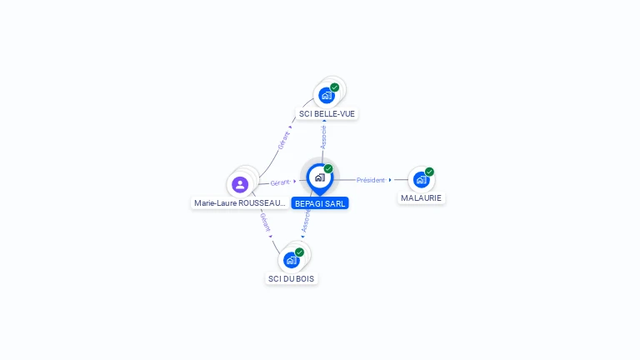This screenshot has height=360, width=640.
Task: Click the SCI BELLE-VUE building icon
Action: coord(327,95)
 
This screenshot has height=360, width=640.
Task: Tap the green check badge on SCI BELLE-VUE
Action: coord(335,87)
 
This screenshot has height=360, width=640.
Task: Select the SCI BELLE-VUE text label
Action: coord(327,113)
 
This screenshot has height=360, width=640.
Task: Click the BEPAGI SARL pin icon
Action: coord(319,177)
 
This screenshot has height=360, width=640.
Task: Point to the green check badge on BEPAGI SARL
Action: coord(328,169)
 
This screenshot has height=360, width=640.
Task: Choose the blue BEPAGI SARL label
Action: coord(320,203)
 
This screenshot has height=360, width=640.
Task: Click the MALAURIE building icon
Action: coord(422,180)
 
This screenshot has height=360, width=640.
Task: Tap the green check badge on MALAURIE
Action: coord(429,172)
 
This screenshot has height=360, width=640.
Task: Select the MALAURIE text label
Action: coord(422,198)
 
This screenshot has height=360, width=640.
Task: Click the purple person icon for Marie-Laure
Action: coord(240,184)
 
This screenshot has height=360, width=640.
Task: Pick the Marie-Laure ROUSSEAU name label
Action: coord(240,202)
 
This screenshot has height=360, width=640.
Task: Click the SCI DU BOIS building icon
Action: coord(292,260)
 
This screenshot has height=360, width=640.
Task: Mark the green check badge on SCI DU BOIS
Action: coord(299,252)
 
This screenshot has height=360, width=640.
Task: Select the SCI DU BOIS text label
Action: coord(292,278)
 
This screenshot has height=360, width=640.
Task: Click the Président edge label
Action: coord(371,180)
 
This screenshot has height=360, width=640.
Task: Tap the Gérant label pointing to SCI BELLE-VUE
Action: coord(284,140)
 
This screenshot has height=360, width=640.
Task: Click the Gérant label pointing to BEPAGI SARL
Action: coord(280,182)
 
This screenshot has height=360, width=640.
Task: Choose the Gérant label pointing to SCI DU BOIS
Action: coord(265,222)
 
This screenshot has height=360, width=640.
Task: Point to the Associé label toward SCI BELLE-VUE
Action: coord(323,137)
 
